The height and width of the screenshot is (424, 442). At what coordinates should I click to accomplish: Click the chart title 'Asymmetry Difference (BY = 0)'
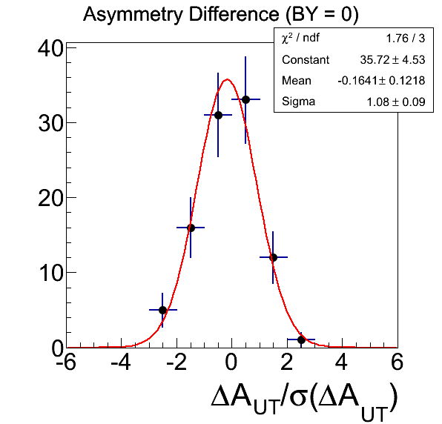tap(221, 14)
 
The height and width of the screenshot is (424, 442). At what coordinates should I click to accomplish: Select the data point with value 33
tap(245, 99)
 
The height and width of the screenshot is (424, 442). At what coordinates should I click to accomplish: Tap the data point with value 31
tap(218, 115)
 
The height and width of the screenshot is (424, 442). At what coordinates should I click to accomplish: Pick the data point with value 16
tap(191, 228)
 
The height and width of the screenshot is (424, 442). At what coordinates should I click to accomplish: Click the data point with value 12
tap(273, 257)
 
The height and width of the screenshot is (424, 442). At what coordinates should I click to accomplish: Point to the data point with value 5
tap(162, 310)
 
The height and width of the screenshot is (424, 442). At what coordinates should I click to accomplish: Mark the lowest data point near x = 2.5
tap(301, 339)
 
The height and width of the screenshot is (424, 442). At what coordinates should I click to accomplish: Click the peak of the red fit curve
tap(227, 79)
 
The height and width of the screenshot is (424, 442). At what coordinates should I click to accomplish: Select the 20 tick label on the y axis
tap(50, 199)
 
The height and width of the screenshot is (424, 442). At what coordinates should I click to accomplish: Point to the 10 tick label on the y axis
tap(50, 274)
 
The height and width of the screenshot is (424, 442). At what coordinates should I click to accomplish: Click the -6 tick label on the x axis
tap(66, 362)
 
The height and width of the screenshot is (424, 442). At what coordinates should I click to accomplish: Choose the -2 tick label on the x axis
tap(177, 362)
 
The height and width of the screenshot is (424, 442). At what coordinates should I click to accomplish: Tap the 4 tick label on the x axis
tap(342, 362)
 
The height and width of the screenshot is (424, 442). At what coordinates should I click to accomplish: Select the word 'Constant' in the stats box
tap(306, 60)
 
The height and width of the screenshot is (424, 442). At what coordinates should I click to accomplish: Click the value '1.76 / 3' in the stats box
tap(405, 39)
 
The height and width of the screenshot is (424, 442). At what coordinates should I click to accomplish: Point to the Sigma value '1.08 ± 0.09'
tap(396, 102)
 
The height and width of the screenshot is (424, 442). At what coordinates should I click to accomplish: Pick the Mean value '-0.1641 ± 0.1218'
tap(381, 81)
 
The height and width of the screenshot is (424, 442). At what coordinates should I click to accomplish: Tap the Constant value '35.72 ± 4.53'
tap(392, 60)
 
